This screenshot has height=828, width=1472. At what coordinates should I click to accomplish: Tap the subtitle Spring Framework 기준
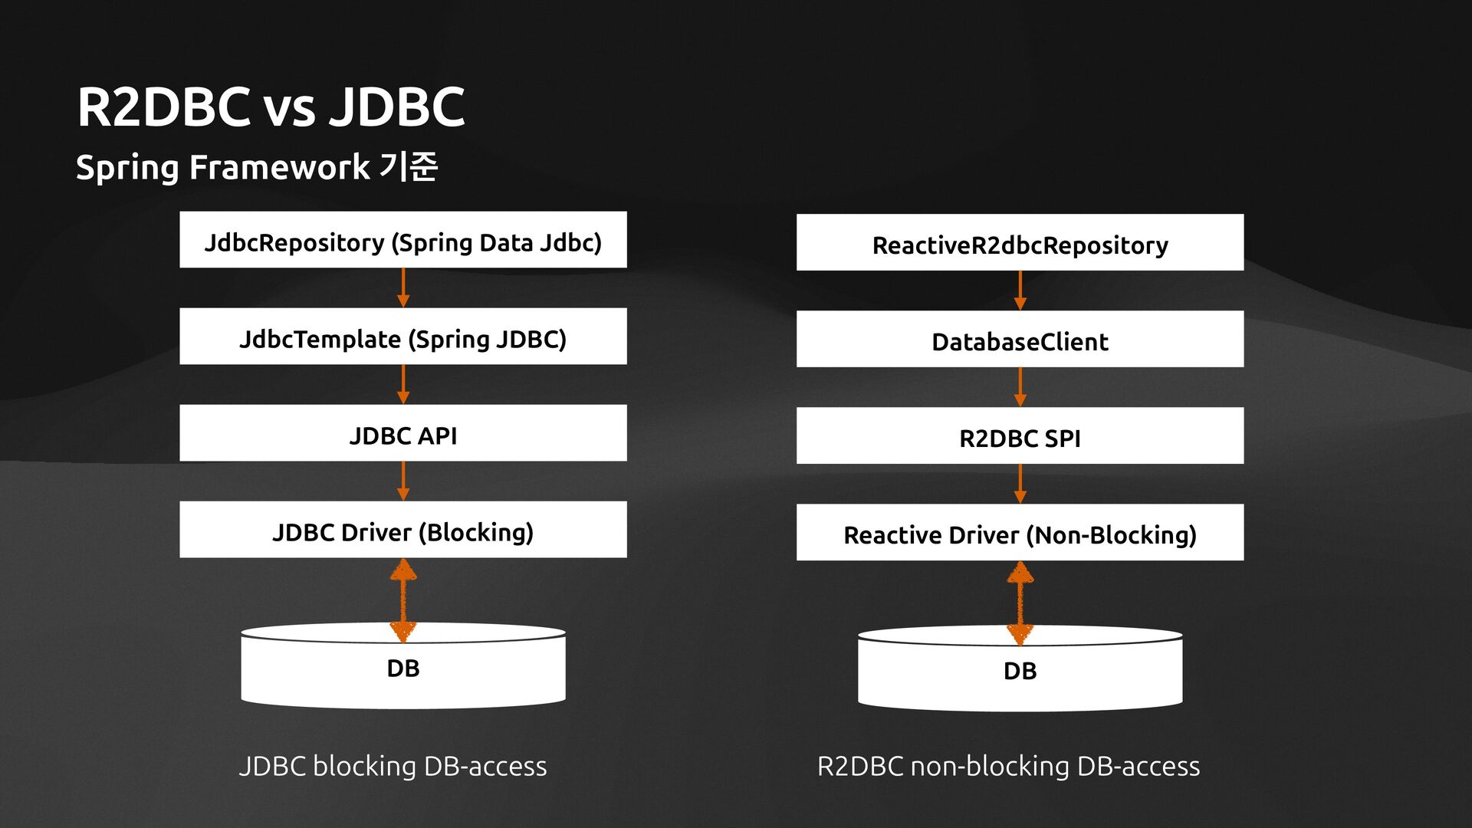coord(256,166)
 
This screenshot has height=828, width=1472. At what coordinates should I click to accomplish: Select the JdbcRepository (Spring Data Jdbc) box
coord(402,240)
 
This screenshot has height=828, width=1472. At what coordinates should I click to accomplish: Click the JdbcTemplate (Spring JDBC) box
coord(402,337)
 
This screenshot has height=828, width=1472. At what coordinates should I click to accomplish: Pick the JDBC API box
coord(402,433)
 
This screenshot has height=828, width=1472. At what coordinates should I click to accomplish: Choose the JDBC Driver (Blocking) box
coord(402,530)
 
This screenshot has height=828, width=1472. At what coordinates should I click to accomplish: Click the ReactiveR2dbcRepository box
coord(1020,243)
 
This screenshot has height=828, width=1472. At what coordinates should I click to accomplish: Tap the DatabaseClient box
coord(1020,340)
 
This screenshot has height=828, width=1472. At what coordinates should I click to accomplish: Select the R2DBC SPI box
coord(1020,436)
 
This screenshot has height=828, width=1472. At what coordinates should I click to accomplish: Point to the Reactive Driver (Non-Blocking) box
coord(1020,533)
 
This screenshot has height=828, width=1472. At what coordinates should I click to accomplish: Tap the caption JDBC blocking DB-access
coord(393,766)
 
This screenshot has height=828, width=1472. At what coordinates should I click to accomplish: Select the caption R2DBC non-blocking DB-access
coord(1008,766)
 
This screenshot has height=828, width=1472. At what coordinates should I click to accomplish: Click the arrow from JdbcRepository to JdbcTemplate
coord(403,288)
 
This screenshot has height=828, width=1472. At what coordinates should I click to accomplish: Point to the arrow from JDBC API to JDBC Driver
coord(403,481)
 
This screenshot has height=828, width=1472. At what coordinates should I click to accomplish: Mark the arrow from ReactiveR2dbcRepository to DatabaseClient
coord(1020,291)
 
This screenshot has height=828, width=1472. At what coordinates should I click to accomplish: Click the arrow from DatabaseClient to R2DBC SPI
coord(1020,387)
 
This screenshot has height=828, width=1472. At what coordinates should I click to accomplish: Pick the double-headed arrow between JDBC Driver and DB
coord(403,600)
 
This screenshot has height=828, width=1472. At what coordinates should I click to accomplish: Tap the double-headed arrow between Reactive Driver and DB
coord(1020,603)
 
